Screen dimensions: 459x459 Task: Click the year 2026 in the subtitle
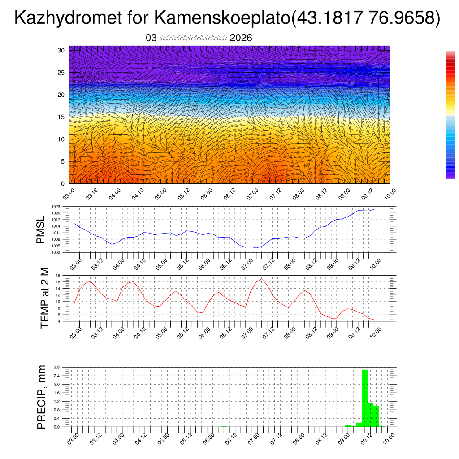pyautogui.click(x=241, y=38)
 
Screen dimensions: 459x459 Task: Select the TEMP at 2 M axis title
pyautogui.click(x=44, y=298)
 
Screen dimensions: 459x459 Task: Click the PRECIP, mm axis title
pyautogui.click(x=42, y=397)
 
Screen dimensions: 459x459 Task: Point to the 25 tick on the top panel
pyautogui.click(x=62, y=73)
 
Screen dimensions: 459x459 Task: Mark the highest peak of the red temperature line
pyautogui.click(x=261, y=279)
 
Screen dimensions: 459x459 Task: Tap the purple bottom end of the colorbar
pyautogui.click(x=450, y=176)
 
